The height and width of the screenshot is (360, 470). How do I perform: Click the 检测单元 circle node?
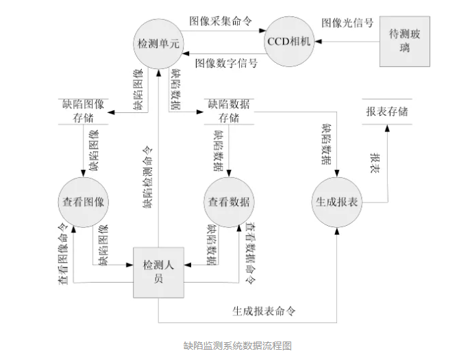(x=159, y=42)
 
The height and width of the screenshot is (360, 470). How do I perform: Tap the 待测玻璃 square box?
(x=405, y=41)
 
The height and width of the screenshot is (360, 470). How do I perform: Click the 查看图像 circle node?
(x=83, y=202)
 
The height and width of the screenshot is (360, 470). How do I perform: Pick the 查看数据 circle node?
(x=229, y=202)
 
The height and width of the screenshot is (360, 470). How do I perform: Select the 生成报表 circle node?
(x=338, y=202)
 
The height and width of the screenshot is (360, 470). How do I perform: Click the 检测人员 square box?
(x=158, y=272)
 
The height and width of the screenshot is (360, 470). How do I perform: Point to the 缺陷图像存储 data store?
(x=83, y=112)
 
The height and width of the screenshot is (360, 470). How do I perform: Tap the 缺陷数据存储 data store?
(x=229, y=112)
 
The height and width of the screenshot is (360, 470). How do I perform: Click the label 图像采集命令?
(x=223, y=21)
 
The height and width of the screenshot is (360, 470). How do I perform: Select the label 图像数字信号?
(x=226, y=63)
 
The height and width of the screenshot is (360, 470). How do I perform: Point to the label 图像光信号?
(x=348, y=23)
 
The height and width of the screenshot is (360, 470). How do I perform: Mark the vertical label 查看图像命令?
(x=62, y=253)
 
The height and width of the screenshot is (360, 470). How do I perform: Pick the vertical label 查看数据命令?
(x=251, y=253)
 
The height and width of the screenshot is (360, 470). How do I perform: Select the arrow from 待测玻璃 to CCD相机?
(x=349, y=41)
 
